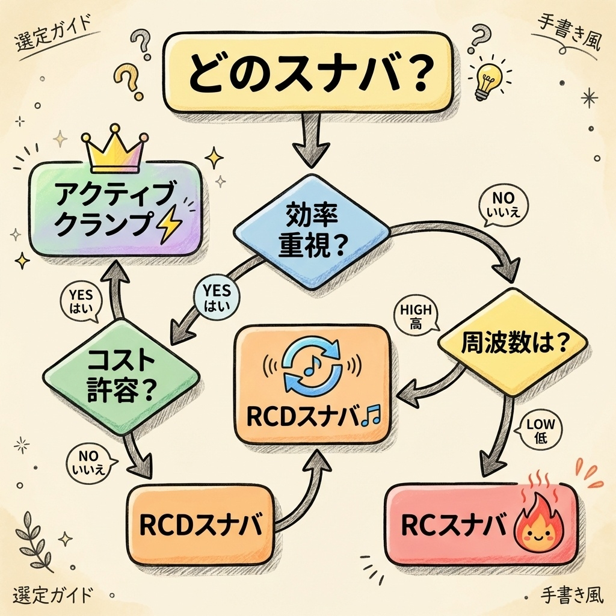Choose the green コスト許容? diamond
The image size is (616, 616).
(121, 376)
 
